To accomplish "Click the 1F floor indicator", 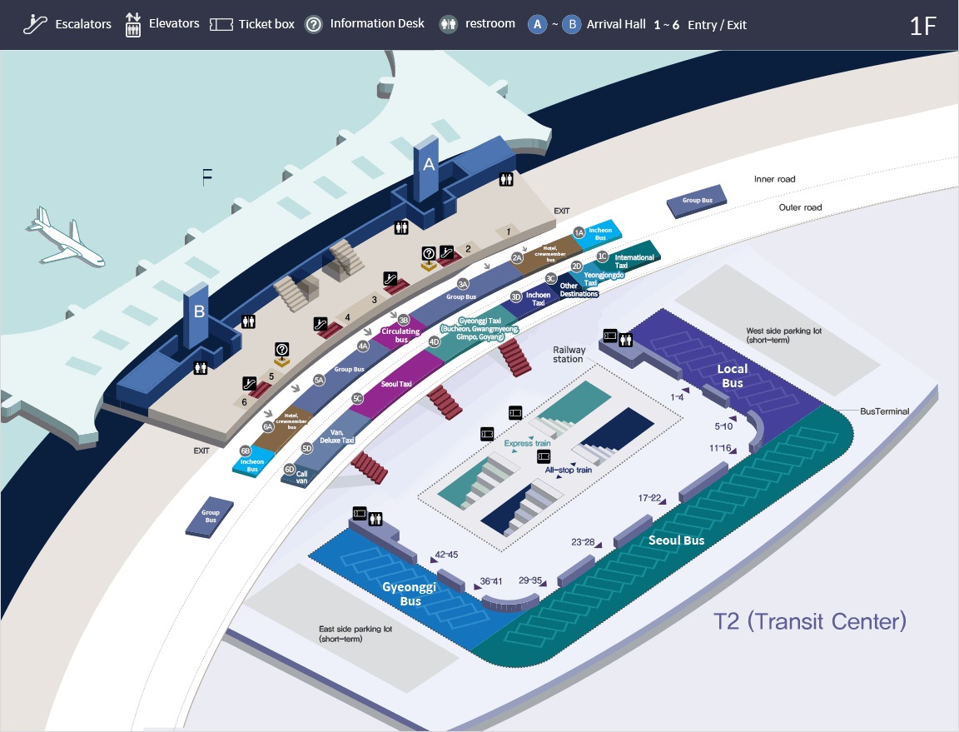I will click(x=922, y=26).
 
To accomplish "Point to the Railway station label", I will click(x=569, y=354).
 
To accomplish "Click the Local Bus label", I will click(x=733, y=376).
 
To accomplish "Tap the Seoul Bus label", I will click(x=676, y=540).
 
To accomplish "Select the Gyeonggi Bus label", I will click(x=410, y=594).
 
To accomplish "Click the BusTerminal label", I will click(x=884, y=411).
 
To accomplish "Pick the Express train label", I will click(x=526, y=444).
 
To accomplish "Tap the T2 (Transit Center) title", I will click(x=809, y=621).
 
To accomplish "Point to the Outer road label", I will click(x=800, y=207).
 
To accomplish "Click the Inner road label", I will click(x=775, y=179).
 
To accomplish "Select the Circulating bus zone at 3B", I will click(x=400, y=336).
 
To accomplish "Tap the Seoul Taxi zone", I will click(x=396, y=384).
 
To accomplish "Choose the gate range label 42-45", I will click(x=446, y=555).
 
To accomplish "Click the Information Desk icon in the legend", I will click(x=314, y=24).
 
